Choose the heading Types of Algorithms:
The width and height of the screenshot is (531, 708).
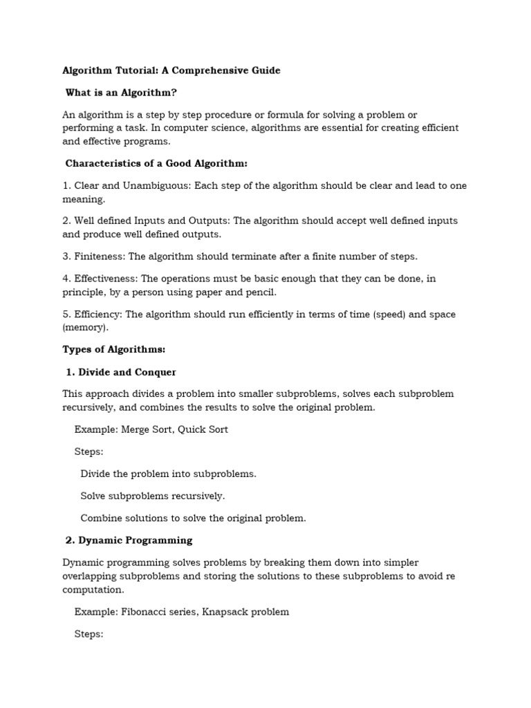click(x=114, y=350)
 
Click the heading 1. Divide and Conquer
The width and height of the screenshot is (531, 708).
click(x=121, y=372)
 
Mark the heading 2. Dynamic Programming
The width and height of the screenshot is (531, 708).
click(x=129, y=540)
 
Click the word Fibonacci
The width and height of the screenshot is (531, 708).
click(x=146, y=612)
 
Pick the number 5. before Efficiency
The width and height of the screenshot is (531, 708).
click(x=66, y=315)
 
